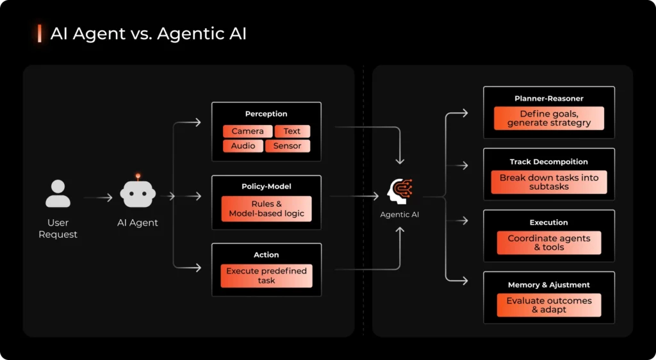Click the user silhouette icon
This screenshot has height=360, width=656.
tap(58, 194)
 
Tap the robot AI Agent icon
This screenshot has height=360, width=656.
tap(138, 193)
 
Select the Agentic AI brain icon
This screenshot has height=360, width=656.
tap(400, 192)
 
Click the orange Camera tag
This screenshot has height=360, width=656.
tap(247, 131)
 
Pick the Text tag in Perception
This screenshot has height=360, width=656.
tap(292, 131)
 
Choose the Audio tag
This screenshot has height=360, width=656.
tap(243, 146)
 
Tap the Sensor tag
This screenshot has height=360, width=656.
tap(287, 146)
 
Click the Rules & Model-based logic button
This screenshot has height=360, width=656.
tap(266, 209)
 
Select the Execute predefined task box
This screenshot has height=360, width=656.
tap(266, 275)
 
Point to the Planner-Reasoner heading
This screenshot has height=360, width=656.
tap(549, 99)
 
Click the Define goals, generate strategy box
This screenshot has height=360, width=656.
tap(549, 119)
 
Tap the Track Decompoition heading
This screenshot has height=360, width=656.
tap(549, 162)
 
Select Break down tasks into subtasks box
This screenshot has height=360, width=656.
tap(549, 182)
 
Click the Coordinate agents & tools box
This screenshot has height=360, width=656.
tap(549, 243)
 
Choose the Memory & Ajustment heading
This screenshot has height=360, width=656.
tap(549, 285)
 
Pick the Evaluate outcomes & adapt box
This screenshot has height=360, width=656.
tap(549, 305)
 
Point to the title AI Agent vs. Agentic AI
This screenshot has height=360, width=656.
tap(148, 34)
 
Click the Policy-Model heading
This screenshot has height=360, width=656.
tap(266, 186)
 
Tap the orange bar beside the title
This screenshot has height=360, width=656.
tap(40, 33)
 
